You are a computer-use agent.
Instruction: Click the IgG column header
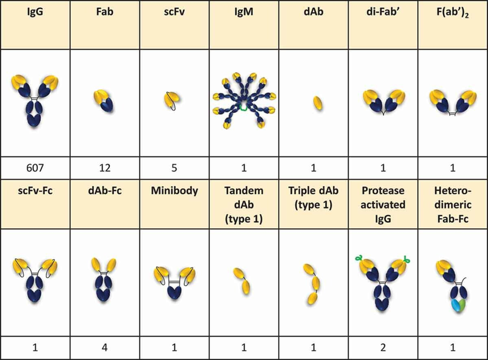click(35, 12)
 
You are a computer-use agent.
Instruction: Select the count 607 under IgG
click(35, 168)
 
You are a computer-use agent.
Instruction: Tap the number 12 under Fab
click(105, 168)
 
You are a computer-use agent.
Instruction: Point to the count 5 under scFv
click(174, 168)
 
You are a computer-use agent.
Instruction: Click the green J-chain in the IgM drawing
click(243, 108)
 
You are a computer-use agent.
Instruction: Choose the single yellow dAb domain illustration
click(317, 103)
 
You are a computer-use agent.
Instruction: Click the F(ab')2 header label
click(453, 12)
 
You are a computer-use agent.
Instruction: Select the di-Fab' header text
click(383, 12)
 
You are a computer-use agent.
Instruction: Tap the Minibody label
click(174, 190)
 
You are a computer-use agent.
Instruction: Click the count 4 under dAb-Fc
click(105, 347)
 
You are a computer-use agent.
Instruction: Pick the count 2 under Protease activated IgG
click(383, 347)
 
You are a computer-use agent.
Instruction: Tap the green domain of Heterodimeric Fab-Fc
click(462, 304)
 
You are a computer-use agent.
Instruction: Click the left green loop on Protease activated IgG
click(359, 258)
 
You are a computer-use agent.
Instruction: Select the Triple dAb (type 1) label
click(314, 198)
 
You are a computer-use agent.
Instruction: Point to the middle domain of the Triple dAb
click(316, 283)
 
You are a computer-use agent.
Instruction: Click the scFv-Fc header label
click(35, 190)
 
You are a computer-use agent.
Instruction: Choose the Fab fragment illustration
click(104, 101)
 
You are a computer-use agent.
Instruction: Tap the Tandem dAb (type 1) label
click(243, 204)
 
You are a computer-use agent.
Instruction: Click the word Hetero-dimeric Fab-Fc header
click(453, 204)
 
